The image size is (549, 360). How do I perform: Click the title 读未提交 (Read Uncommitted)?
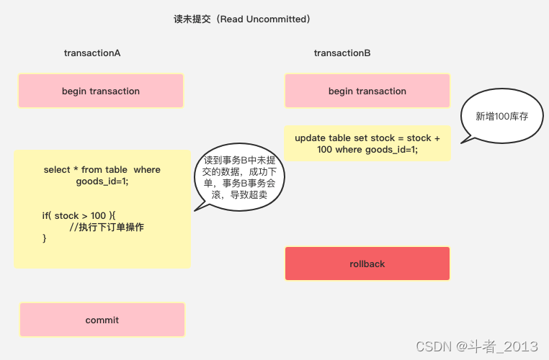click(x=242, y=19)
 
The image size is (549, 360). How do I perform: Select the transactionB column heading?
click(x=342, y=53)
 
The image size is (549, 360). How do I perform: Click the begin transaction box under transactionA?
click(x=101, y=91)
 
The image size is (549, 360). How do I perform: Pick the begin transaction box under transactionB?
click(x=367, y=91)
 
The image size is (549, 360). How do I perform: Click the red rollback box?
click(x=367, y=264)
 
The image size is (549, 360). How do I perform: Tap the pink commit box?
click(x=102, y=320)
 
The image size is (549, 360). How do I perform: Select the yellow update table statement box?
click(x=367, y=143)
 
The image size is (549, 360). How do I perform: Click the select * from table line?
click(x=102, y=170)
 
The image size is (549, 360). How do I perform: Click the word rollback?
click(x=367, y=264)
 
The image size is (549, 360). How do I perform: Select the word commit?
click(x=102, y=320)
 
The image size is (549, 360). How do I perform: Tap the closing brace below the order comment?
click(x=45, y=238)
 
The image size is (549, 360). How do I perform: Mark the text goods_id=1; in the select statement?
click(x=102, y=181)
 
